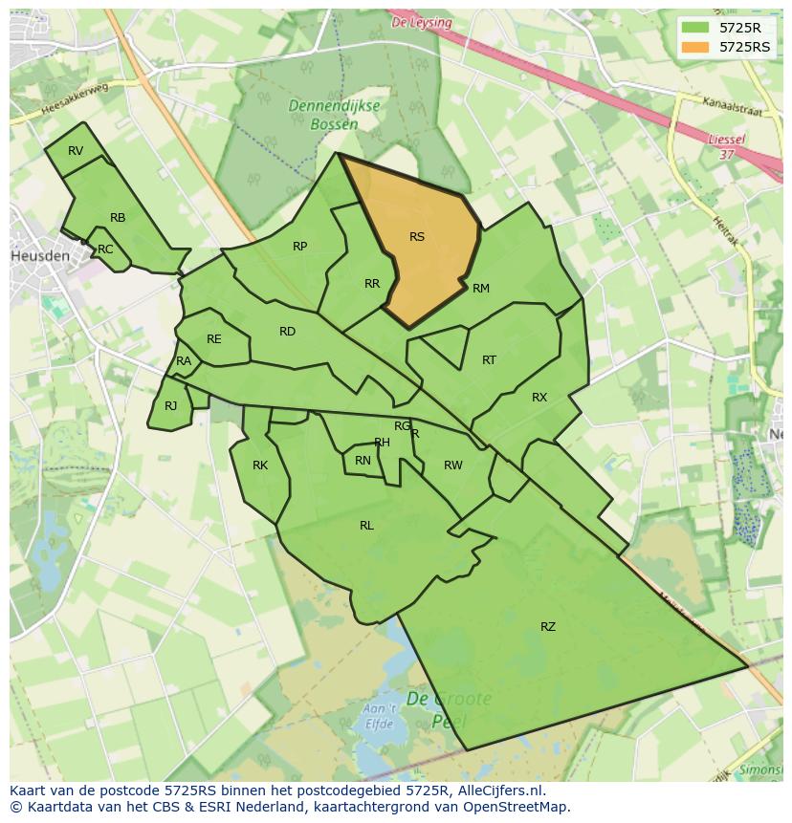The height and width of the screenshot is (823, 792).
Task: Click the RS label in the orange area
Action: point(416,237)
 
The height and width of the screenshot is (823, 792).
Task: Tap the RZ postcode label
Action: point(547,627)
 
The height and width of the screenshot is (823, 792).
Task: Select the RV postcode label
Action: point(76,151)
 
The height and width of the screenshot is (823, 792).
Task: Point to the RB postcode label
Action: point(118,218)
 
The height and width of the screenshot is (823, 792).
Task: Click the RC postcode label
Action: point(105,249)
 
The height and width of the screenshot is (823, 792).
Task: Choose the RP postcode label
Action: point(299,247)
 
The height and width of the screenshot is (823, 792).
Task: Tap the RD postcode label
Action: point(287,332)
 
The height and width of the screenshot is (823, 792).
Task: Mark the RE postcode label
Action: point(213,339)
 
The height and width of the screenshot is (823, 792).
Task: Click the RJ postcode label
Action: point(170,406)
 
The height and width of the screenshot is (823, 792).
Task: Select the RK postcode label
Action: point(260,466)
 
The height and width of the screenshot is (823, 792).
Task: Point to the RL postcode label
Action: point(366,526)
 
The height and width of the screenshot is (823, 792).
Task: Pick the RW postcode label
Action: point(453,466)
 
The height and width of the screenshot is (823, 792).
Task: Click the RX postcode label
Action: point(539,398)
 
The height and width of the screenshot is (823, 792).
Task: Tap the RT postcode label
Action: point(489,360)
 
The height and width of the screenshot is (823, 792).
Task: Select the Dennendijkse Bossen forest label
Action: point(337,116)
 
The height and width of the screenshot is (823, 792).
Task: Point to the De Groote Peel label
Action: point(448,708)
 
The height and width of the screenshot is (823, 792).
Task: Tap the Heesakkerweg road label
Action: point(77,99)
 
